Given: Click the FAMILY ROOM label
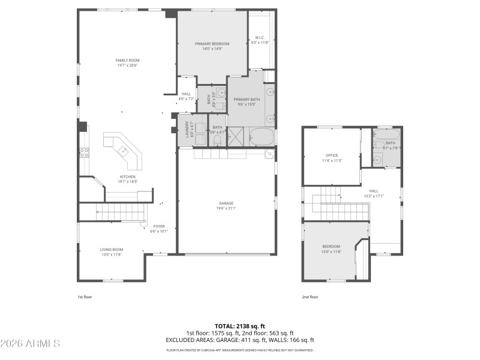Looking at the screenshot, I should [127, 61].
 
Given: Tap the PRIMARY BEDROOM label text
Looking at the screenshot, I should [212, 44].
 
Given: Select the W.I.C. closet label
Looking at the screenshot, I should [260, 37].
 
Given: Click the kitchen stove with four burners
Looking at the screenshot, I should [84, 152].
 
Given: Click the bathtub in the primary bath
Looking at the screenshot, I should [262, 137].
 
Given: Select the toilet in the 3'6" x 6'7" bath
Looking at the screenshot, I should [217, 139].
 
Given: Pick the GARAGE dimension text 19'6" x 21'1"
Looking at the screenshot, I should [226, 208].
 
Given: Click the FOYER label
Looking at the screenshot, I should [158, 226].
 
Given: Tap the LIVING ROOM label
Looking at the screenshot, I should [111, 250].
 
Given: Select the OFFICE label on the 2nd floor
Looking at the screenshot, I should [332, 155].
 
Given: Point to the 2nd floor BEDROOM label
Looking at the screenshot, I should [331, 247].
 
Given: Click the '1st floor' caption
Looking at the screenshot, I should [85, 296].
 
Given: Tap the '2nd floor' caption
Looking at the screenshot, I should [310, 296].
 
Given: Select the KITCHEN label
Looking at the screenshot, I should [127, 176].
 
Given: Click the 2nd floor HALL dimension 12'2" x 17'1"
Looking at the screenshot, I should [373, 196].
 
